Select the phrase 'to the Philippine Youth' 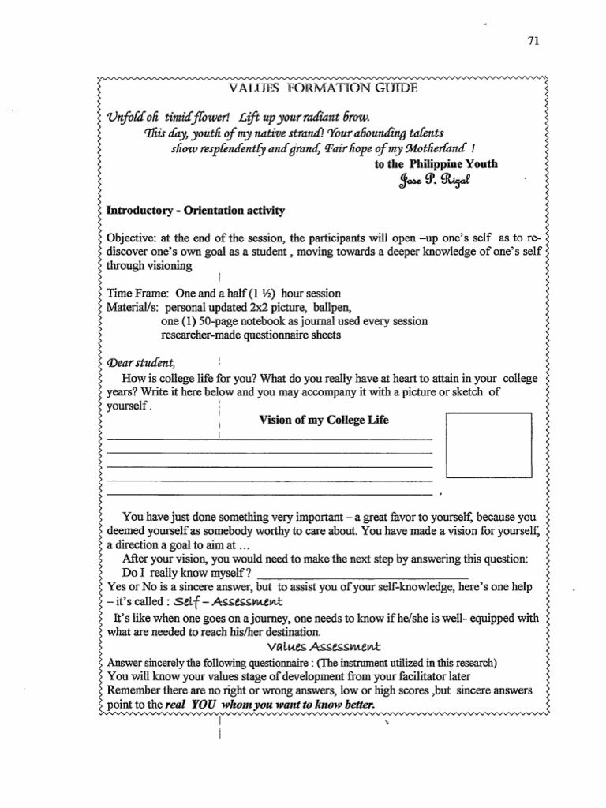pos(436,165)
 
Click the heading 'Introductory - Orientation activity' pos(196,211)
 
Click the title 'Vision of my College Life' pos(324,420)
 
